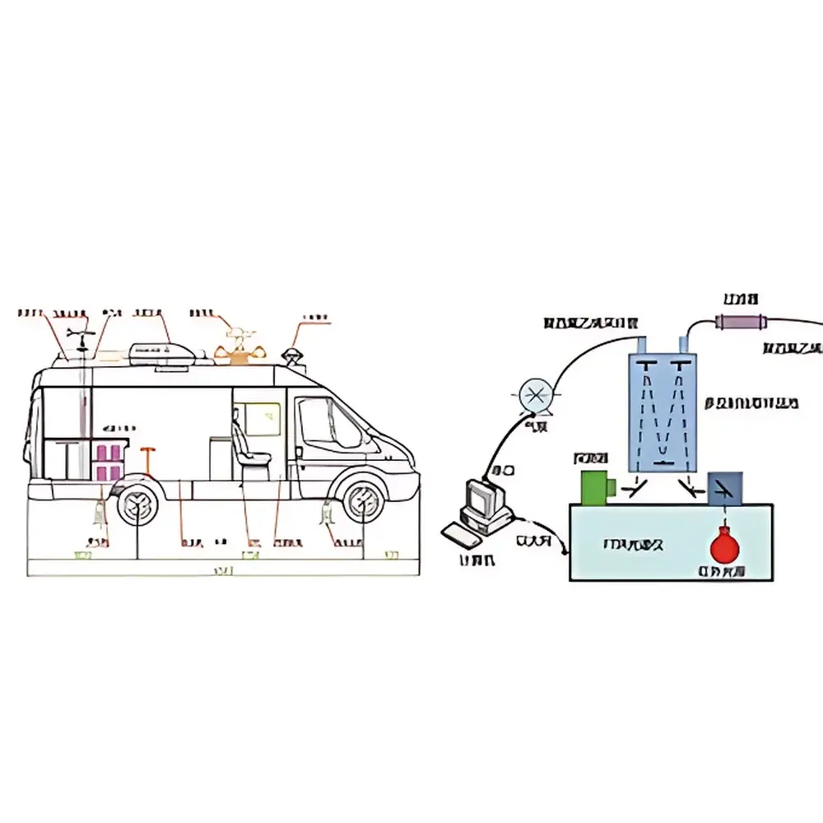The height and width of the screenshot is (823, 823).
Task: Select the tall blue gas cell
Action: pyautogui.click(x=662, y=411)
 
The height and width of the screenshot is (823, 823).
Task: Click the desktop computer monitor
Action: pyautogui.click(x=480, y=499)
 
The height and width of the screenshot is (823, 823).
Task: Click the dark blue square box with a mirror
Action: pyautogui.click(x=725, y=487)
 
